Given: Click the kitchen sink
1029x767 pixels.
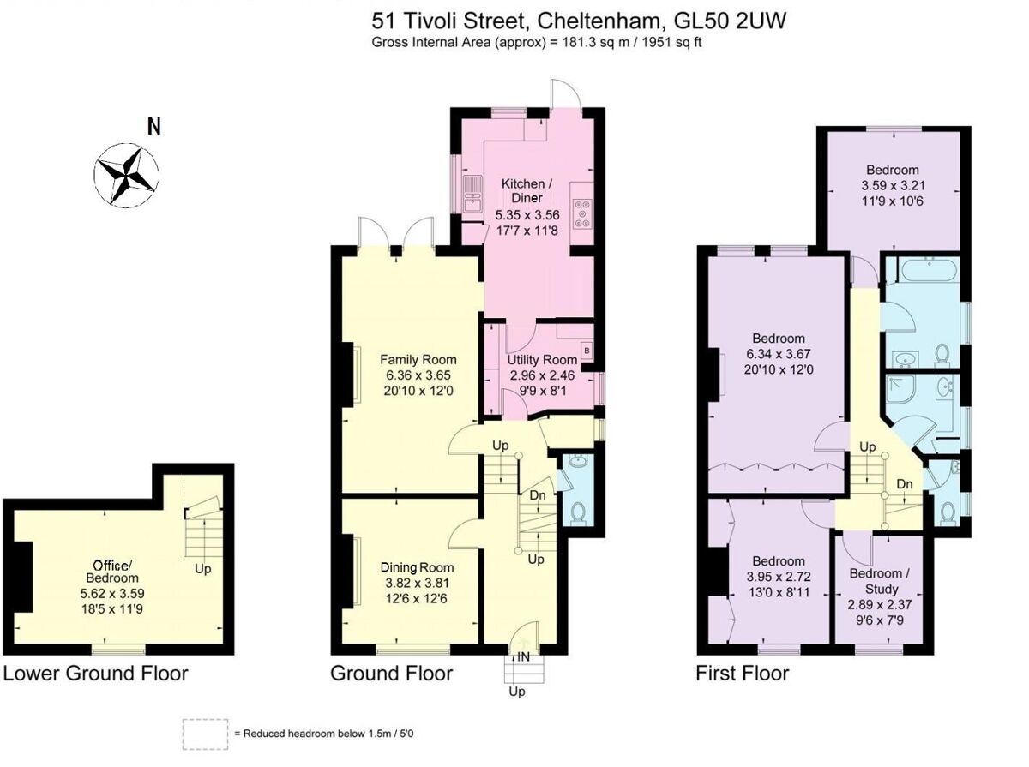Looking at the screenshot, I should (472, 195).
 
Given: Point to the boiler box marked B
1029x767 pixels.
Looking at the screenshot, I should (587, 350).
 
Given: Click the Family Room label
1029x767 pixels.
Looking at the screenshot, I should (418, 360).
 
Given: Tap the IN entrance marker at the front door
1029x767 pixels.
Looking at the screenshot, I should (523, 657).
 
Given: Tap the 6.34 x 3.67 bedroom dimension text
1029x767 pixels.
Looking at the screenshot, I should (779, 353).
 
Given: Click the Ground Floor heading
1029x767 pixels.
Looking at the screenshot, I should (391, 673).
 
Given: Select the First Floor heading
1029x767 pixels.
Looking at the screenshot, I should (742, 673).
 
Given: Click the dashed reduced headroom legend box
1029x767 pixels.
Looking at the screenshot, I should (205, 734).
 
